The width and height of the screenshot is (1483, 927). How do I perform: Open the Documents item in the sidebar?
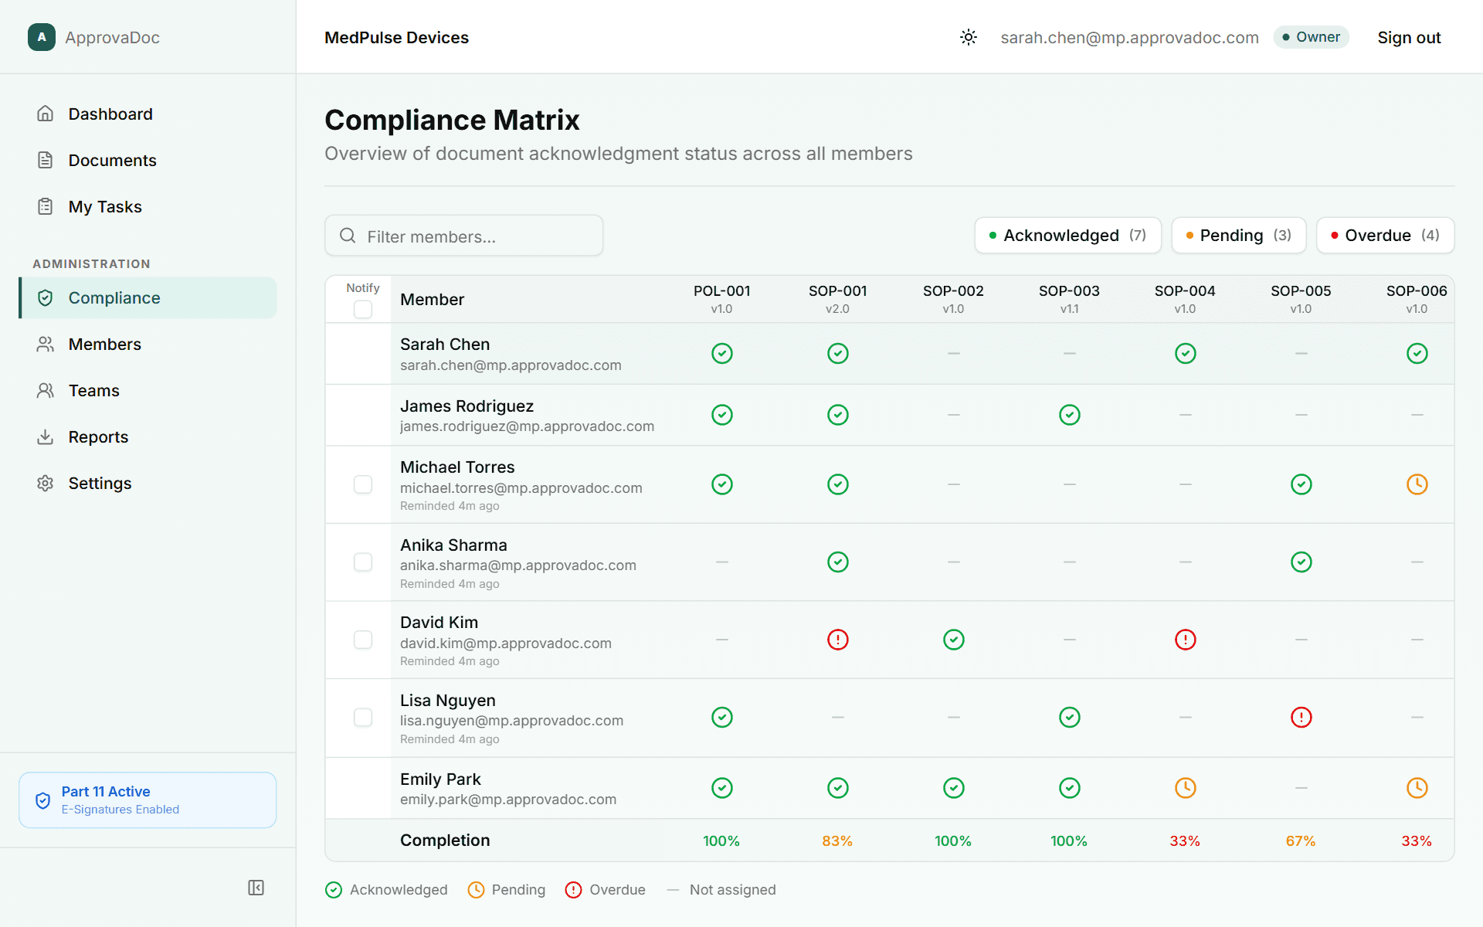click(112, 161)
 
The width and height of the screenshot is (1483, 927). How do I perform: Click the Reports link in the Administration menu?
click(98, 437)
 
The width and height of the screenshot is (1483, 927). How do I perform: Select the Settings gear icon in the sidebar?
click(46, 484)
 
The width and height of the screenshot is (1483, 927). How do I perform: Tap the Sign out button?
click(1409, 38)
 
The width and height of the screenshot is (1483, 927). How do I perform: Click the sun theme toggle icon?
click(969, 37)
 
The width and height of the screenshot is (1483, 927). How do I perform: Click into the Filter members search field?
click(463, 236)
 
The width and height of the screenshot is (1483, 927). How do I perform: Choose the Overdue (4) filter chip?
click(1385, 236)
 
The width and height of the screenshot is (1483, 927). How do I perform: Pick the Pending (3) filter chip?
click(1238, 236)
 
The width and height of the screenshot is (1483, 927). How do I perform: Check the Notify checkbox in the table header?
click(363, 310)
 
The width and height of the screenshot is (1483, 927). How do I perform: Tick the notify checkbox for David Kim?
click(363, 640)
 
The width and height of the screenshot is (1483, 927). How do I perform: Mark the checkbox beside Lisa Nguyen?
click(363, 718)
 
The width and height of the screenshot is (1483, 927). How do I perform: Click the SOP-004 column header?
click(1185, 299)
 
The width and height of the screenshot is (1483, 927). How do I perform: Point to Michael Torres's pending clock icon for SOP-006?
click(1417, 484)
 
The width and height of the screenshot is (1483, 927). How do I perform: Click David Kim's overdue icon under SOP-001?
click(838, 640)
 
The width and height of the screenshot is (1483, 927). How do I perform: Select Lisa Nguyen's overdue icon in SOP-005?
click(1301, 718)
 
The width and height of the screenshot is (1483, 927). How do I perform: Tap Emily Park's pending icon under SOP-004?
click(1185, 788)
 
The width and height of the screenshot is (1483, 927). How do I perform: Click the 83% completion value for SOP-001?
click(837, 841)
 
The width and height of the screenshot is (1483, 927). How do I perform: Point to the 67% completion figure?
click(1301, 841)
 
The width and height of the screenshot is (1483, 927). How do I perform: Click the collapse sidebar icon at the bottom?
click(256, 888)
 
